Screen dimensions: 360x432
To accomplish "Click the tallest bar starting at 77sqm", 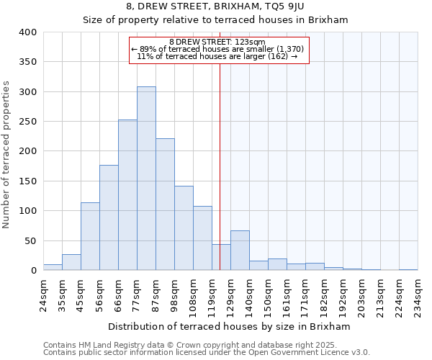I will [146, 179].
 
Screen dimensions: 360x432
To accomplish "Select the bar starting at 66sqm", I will [127, 195].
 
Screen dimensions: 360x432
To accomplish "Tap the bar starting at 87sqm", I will [165, 204].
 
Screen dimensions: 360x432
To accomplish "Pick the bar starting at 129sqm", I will [240, 251].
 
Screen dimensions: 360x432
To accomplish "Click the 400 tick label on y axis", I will [27, 32].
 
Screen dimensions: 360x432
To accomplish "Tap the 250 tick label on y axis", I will [27, 122].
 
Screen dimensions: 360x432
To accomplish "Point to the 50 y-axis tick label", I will [30, 240].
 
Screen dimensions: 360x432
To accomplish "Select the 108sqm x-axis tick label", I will [193, 294].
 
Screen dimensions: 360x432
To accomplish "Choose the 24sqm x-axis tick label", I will [43, 294].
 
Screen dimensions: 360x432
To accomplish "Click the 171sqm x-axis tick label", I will [305, 294].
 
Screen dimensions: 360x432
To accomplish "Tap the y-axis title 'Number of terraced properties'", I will [7, 155].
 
